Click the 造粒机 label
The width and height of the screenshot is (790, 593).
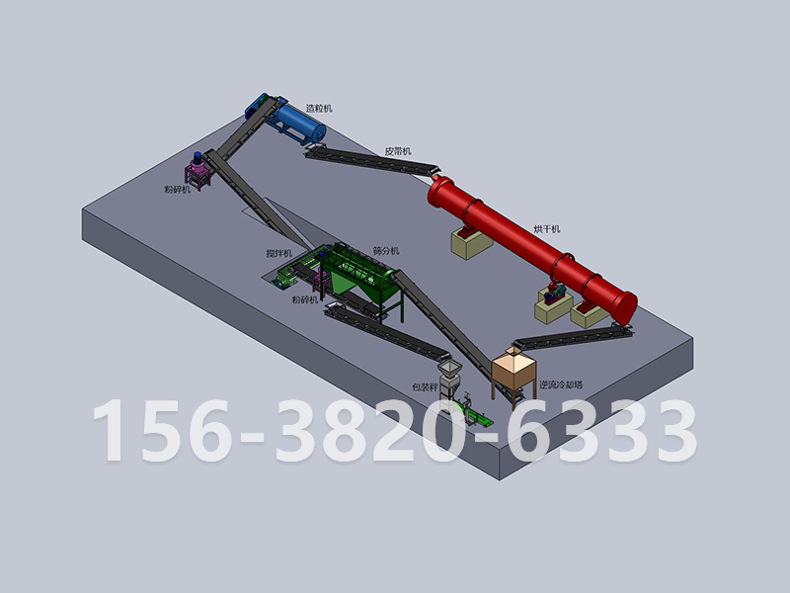[x=319, y=109]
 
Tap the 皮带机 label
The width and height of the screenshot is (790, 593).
[x=398, y=151]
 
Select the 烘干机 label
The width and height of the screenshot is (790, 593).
[x=547, y=229]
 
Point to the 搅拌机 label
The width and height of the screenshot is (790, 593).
[x=279, y=253]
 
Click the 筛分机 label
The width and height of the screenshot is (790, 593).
[x=386, y=251]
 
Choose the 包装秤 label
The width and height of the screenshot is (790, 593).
[x=426, y=387]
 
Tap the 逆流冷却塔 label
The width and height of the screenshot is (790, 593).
[x=561, y=384]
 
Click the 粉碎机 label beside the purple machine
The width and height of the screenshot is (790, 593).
[x=178, y=190]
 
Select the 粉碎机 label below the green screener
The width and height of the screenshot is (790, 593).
[x=305, y=299]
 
